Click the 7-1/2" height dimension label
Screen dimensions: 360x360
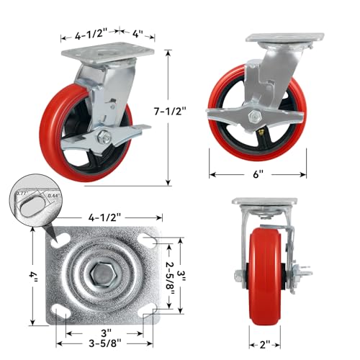coord(170,111)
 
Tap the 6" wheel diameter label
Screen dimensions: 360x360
coord(258,174)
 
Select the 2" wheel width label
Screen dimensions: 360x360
coord(264,345)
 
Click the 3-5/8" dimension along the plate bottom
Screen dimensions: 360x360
coord(105,343)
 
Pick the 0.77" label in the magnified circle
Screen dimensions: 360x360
coord(22,192)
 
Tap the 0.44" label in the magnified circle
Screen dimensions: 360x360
coord(53,195)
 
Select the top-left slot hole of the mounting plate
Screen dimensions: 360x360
coord(60,240)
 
